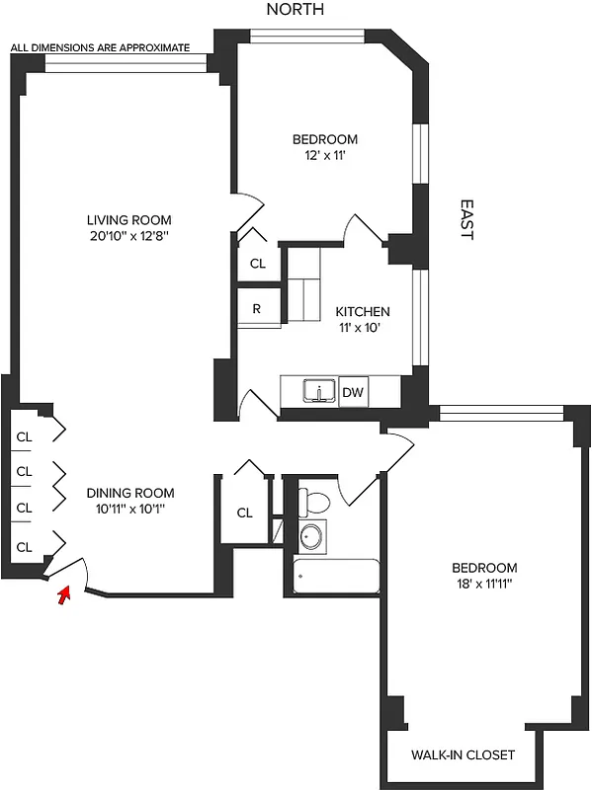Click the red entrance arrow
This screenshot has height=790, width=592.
[x=65, y=594]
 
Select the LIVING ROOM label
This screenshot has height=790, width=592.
[x=128, y=219]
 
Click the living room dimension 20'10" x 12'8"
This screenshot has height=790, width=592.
[x=128, y=236]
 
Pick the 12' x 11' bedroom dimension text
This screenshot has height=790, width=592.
[x=324, y=156]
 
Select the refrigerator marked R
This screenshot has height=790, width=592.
[x=256, y=308]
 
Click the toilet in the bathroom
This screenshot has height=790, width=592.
[x=312, y=502]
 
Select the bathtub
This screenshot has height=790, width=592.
[x=337, y=576]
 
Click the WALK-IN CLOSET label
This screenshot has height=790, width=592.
[x=463, y=755]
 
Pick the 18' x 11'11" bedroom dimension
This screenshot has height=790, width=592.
[x=484, y=584]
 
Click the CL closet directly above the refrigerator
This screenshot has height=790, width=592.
[x=257, y=264]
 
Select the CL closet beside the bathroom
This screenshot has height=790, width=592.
[x=245, y=513]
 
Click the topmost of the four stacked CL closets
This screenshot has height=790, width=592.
[x=25, y=437]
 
